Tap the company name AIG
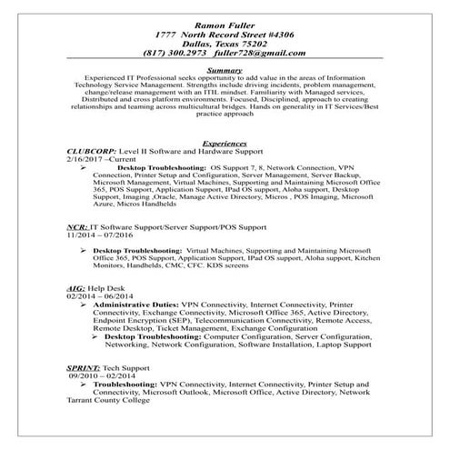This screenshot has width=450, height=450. [x=76, y=288]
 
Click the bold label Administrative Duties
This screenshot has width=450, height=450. [x=135, y=305]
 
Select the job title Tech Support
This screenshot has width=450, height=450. [x=133, y=365]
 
